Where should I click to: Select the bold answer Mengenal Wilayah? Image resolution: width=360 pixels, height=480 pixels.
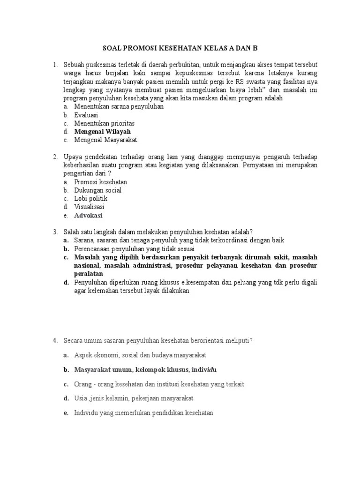point(102,132)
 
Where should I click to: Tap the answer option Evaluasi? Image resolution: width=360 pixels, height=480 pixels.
point(86,115)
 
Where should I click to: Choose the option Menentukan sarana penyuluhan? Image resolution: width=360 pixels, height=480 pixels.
point(118,106)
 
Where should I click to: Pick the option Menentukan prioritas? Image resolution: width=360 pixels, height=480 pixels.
point(104,123)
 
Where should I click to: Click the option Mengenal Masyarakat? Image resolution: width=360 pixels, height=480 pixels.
point(105,140)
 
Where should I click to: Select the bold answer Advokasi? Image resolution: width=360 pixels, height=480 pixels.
point(88,216)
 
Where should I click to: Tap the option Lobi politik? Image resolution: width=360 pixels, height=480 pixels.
point(90,199)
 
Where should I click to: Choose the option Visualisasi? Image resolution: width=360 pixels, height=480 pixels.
point(89,207)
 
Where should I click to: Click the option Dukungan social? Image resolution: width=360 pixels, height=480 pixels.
point(97,190)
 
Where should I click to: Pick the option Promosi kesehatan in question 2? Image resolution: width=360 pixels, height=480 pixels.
point(100,182)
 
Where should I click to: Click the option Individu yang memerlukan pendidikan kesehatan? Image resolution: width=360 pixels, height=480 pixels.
point(143,413)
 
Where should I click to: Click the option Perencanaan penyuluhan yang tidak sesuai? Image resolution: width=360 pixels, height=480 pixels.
point(134,249)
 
